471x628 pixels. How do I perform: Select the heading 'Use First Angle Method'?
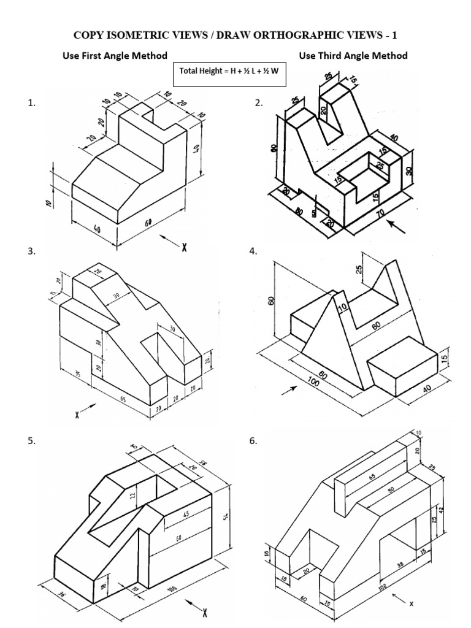(x=115, y=56)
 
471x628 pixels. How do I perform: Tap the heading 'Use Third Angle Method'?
(x=353, y=56)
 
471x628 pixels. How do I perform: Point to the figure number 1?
(x=31, y=104)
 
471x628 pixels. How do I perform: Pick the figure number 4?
(x=253, y=251)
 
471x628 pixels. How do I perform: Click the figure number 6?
(x=253, y=441)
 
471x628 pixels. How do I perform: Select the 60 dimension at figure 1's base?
(x=148, y=223)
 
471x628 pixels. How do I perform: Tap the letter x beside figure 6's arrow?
(x=412, y=603)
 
